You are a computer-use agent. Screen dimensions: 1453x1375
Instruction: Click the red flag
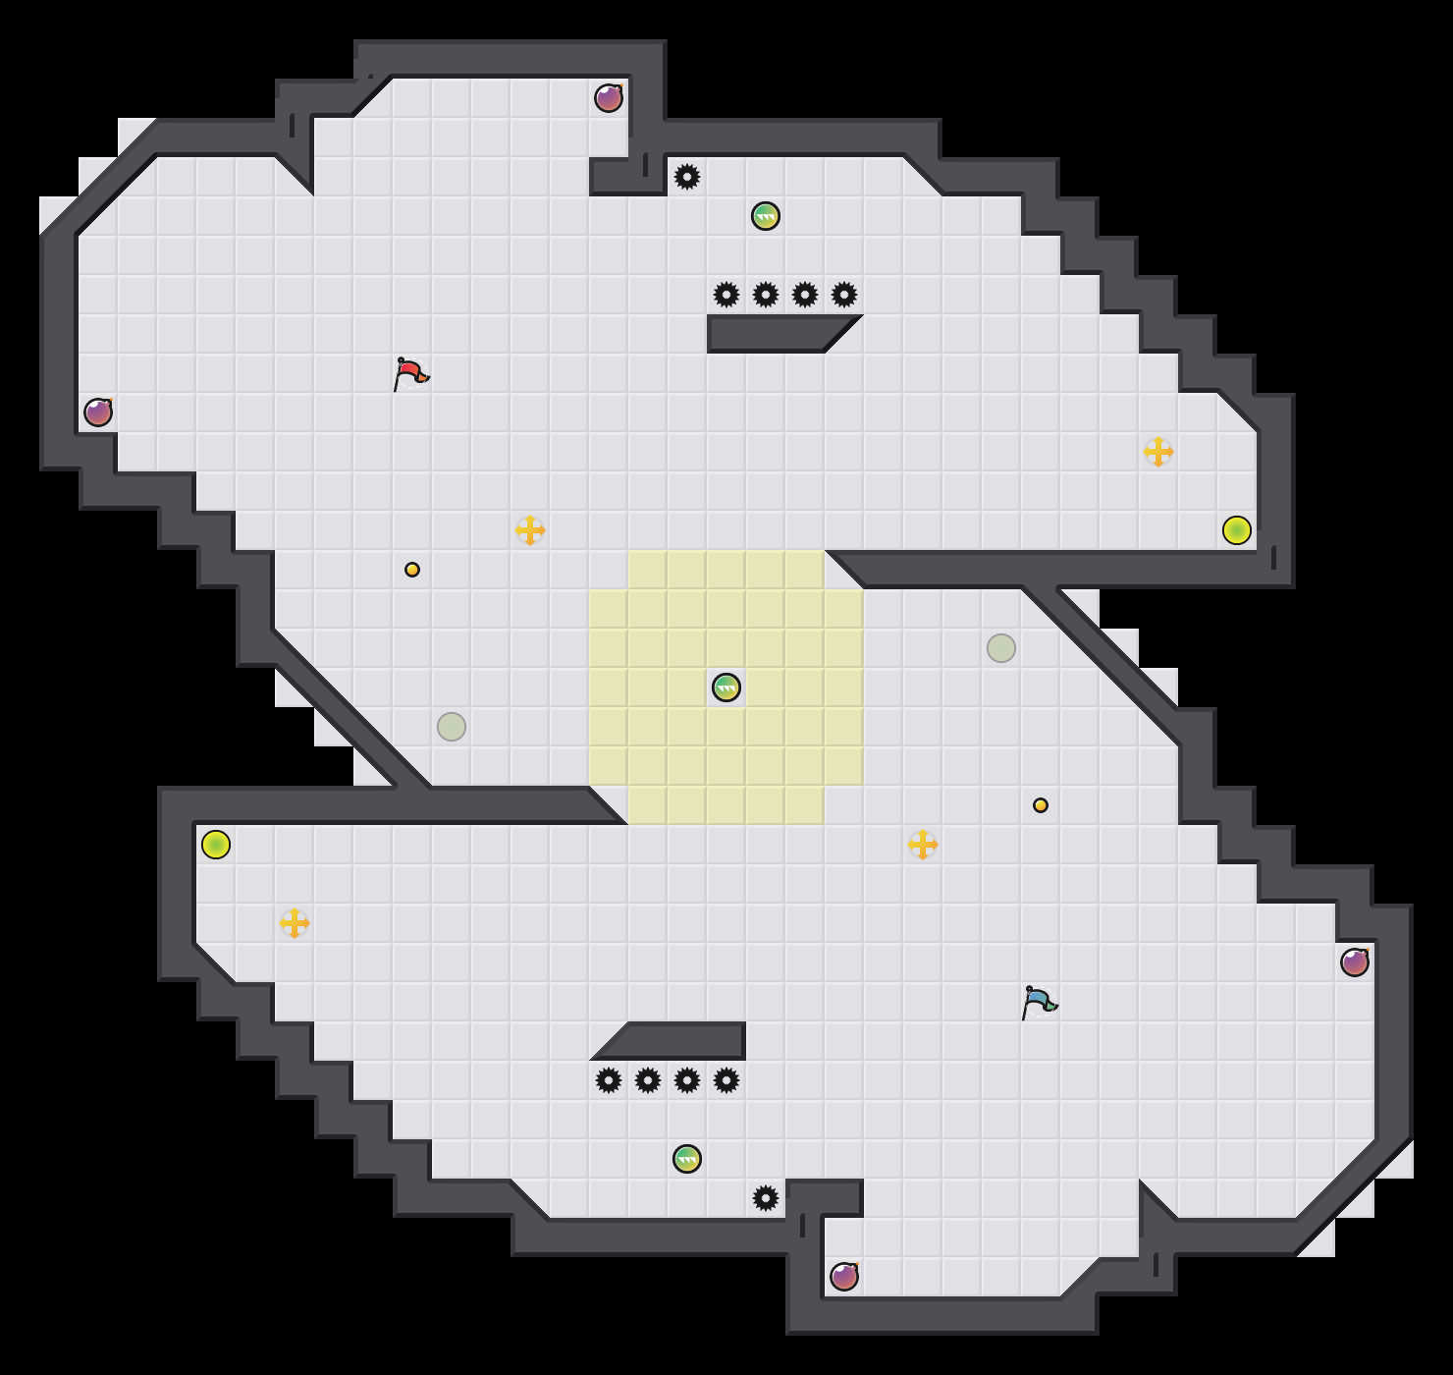point(410,374)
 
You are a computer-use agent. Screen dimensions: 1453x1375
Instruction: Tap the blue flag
point(1039,1003)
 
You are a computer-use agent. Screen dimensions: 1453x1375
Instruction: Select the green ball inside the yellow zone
point(726,687)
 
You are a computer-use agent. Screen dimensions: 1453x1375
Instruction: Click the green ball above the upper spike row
point(766,216)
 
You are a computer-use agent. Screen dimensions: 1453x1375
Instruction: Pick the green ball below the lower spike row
point(687,1159)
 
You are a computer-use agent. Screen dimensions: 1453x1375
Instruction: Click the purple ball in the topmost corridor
point(609,98)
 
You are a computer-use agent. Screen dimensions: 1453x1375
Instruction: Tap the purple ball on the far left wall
point(98,412)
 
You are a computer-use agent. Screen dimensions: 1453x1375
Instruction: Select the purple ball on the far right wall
point(1355,962)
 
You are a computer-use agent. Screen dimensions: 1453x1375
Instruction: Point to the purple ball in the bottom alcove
point(844,1277)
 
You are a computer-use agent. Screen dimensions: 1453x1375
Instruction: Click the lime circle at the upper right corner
point(1237,530)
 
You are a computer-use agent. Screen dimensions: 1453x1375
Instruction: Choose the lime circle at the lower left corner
point(216,845)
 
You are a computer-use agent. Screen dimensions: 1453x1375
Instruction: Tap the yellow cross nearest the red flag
point(530,530)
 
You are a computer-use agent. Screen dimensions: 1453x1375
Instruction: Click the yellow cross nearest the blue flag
point(923,845)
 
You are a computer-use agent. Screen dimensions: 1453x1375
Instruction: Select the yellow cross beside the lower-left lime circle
point(295,923)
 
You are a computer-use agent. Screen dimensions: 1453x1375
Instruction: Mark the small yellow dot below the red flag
point(412,570)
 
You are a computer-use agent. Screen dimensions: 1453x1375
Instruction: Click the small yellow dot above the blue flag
point(1041,805)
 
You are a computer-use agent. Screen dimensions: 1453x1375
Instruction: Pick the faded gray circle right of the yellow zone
point(1001,648)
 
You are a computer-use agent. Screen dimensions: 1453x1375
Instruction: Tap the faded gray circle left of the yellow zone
point(452,727)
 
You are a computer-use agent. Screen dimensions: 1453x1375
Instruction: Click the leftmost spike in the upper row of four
point(726,295)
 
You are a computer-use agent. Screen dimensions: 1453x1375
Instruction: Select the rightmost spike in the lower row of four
point(726,1080)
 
